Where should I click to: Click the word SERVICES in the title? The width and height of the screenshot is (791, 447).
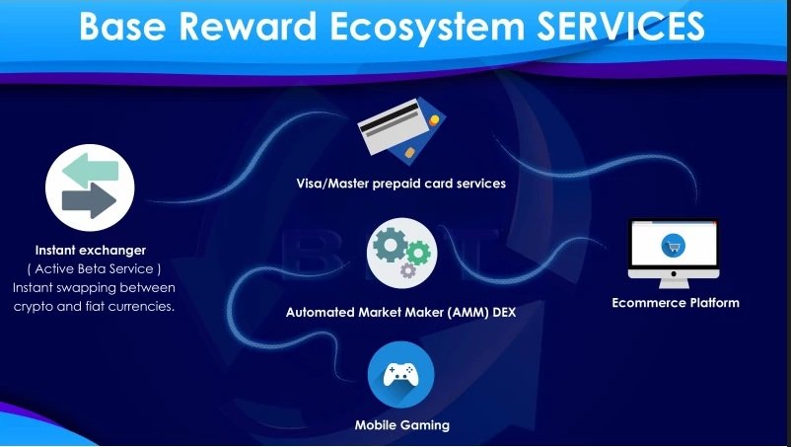[x=620, y=26]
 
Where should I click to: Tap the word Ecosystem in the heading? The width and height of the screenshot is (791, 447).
[x=427, y=27]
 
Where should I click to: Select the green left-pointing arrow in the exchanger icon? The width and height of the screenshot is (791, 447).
[x=91, y=171]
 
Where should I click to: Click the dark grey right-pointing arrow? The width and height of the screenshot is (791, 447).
[x=90, y=200]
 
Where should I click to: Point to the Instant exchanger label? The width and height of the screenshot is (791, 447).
[x=91, y=251]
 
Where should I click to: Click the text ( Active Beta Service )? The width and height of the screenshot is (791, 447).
[x=95, y=269]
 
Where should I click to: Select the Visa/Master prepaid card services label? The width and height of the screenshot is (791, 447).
[x=401, y=184]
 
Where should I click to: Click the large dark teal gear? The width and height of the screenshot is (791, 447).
[x=390, y=245]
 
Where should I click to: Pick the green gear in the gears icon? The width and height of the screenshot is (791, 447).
[x=418, y=254]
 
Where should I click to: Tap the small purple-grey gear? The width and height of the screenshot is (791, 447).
[x=407, y=270]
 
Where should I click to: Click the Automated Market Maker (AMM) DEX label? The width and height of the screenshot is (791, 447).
[x=401, y=312]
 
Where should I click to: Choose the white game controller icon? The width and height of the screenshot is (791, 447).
[x=401, y=375]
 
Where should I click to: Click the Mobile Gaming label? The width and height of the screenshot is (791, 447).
[x=402, y=425]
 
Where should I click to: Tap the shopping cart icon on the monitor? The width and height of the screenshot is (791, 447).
[x=673, y=247]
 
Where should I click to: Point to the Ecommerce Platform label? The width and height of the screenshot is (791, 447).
[x=676, y=303]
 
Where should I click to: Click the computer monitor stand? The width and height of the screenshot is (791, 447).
[x=674, y=283]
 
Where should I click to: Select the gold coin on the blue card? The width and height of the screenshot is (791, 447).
[x=434, y=120]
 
